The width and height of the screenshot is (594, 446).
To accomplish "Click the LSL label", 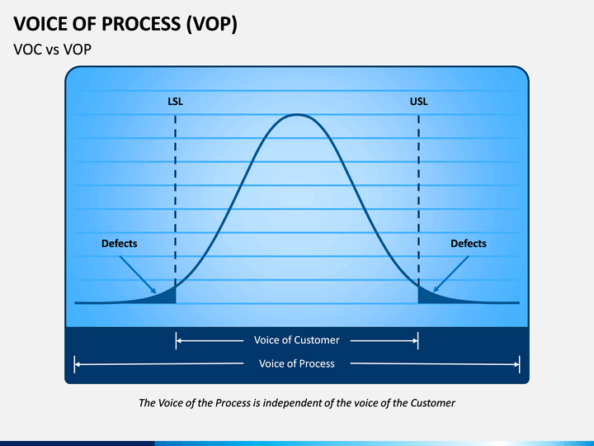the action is click(x=175, y=102).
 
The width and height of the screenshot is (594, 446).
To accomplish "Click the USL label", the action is click(x=418, y=102).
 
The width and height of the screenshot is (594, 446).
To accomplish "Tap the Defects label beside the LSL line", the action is click(x=120, y=244).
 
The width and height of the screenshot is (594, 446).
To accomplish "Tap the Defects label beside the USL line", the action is click(x=469, y=244).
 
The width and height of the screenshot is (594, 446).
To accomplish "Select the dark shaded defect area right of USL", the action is click(x=425, y=297).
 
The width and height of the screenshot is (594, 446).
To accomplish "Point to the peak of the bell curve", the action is click(x=297, y=115).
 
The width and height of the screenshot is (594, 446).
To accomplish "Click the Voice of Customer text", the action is click(x=297, y=340).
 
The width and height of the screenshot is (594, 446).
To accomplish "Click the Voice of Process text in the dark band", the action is click(x=297, y=363).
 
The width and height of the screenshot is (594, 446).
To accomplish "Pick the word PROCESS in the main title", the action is click(x=141, y=24).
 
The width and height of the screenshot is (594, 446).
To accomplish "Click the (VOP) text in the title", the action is click(x=212, y=24).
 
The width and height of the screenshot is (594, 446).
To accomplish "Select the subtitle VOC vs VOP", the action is click(x=52, y=50).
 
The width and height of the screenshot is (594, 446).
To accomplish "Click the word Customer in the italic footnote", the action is click(x=432, y=403).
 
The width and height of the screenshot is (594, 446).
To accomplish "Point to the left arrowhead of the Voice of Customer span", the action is click(x=179, y=340).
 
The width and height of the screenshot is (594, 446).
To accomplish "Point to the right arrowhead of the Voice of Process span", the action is click(x=516, y=364).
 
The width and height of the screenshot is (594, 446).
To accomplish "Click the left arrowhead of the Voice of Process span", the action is click(x=78, y=364).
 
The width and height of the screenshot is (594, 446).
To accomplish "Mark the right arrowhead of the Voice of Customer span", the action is click(x=415, y=340).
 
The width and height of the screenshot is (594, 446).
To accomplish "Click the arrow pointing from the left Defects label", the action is click(x=138, y=274).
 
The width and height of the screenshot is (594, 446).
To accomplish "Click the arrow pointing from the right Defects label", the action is click(x=450, y=274).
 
